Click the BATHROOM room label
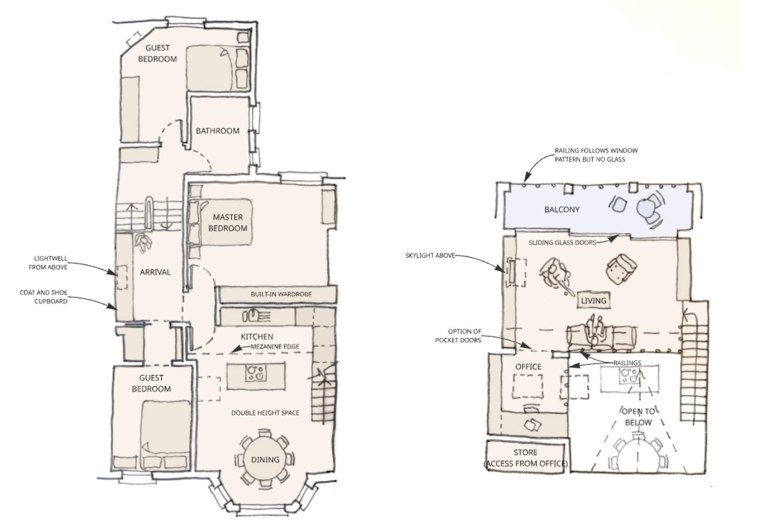[x=217, y=130]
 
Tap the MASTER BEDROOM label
[x=228, y=223]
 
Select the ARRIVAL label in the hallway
[x=155, y=272]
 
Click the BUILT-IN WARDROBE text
[x=281, y=294]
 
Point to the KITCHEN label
[x=257, y=337]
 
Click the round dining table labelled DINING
[x=265, y=460]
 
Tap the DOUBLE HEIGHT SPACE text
[x=265, y=413]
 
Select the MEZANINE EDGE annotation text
[x=275, y=347]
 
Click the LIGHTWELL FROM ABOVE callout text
[x=48, y=263]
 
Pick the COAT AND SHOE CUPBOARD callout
[x=43, y=297]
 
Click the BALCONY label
[x=562, y=210]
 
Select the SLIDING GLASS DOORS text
[x=562, y=243]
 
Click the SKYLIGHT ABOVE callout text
[x=430, y=255]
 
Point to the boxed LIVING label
[x=594, y=301]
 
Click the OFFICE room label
[x=528, y=367]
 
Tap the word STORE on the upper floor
[x=525, y=452]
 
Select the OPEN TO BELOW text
[x=638, y=417]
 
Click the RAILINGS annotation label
[x=627, y=363]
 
